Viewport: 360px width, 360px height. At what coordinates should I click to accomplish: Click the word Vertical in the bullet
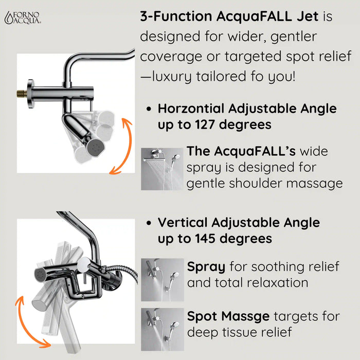(183, 223)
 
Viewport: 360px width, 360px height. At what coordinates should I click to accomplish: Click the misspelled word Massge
(249, 316)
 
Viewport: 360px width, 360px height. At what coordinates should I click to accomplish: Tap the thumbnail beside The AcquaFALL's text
(162, 169)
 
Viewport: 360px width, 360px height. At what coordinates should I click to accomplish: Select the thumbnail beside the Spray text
(162, 279)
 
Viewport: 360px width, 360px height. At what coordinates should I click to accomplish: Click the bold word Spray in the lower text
(206, 267)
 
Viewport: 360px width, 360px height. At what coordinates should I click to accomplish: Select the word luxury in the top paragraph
(174, 77)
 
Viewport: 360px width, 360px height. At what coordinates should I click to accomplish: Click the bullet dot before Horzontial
(149, 110)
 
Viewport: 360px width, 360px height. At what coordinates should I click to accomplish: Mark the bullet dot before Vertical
(149, 223)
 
